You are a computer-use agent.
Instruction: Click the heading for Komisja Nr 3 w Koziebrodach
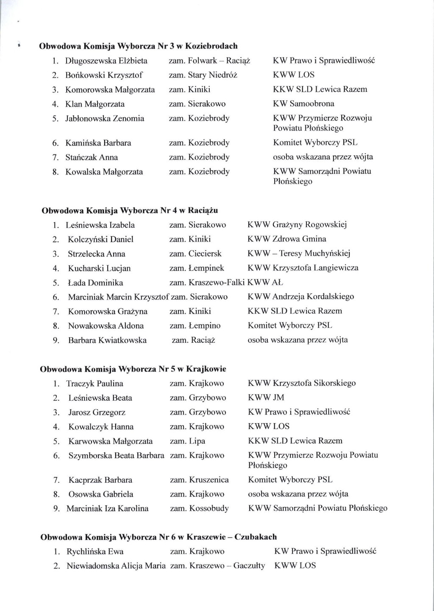pos(138,46)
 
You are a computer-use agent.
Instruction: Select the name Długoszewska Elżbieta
pos(106,61)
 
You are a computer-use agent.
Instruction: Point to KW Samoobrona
pos(303,104)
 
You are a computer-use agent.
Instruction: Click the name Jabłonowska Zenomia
pos(105,118)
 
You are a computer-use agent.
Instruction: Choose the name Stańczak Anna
pos(92,157)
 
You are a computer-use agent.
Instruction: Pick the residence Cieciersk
pos(205,254)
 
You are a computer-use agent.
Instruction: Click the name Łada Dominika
pos(95,283)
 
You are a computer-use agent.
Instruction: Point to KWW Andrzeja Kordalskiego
pos(301,297)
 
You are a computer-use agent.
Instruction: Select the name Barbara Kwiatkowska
pos(107,340)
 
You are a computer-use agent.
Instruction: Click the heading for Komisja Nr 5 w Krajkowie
pos(133,369)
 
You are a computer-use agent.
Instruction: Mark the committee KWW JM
pos(266,398)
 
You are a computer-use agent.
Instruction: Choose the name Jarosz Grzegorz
pos(97,413)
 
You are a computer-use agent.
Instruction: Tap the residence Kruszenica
pos(209,480)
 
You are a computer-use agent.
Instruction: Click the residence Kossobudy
pos(209,509)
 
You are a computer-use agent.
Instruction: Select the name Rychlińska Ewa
pos(95,552)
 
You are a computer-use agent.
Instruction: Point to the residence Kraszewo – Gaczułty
pos(227,566)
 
